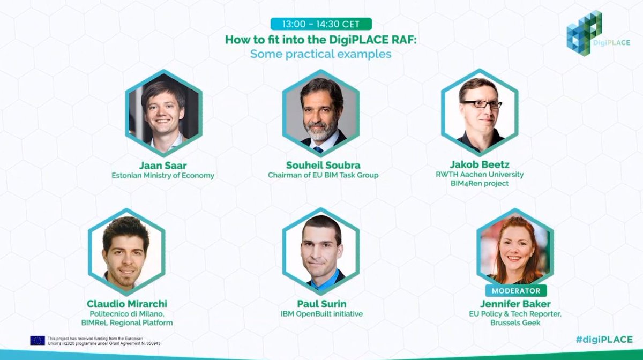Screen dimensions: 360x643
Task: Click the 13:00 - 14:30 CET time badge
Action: point(321,24)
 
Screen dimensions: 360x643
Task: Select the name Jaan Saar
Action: point(162,165)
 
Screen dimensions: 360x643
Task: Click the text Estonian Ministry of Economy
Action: point(162,175)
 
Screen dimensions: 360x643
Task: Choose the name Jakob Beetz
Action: point(480,165)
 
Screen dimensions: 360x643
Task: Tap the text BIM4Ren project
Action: point(480,184)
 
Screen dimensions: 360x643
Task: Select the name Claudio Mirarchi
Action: point(126,304)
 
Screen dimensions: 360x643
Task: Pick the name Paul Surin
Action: point(321,304)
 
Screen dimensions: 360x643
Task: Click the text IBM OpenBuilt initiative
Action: point(321,313)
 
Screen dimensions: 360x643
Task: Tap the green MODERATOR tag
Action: point(516,291)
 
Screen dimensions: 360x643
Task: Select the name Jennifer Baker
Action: point(516,304)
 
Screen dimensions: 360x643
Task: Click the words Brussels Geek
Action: point(516,322)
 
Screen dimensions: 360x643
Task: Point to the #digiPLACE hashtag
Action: point(604,340)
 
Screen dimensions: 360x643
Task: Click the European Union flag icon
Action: point(38,340)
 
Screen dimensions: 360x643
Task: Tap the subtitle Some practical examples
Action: point(321,54)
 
